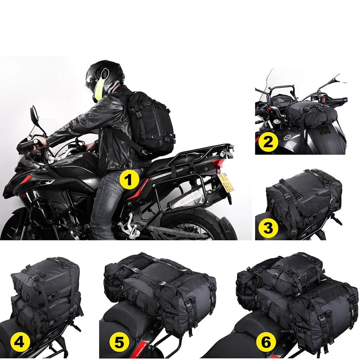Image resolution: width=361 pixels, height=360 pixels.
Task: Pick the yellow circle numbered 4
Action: pyautogui.click(x=19, y=342)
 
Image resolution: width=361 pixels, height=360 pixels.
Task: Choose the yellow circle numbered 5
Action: pyautogui.click(x=119, y=342)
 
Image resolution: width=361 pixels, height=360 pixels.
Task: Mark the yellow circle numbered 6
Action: pyautogui.click(x=266, y=342)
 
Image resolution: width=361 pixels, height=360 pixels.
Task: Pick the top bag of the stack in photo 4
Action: pyautogui.click(x=45, y=275)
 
